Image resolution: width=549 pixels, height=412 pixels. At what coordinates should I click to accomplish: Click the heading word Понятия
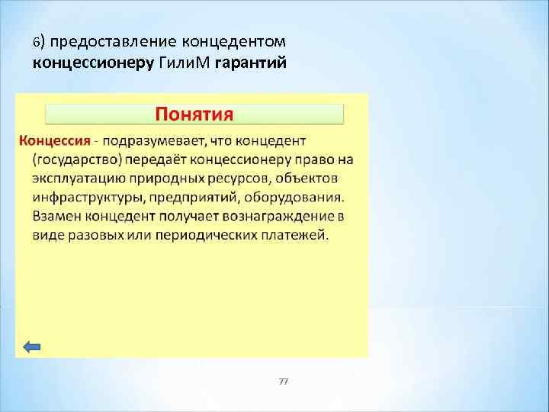pos(194,114)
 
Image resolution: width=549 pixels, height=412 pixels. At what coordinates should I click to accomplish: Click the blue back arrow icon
pos(32,346)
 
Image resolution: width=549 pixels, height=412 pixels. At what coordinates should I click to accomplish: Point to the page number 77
pos(283,381)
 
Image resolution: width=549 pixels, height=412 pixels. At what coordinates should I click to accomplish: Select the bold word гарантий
pos(251,63)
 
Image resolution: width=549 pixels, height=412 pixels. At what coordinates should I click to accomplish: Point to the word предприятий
pos(191,198)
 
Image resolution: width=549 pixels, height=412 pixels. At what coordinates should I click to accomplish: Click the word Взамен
pos(59,216)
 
